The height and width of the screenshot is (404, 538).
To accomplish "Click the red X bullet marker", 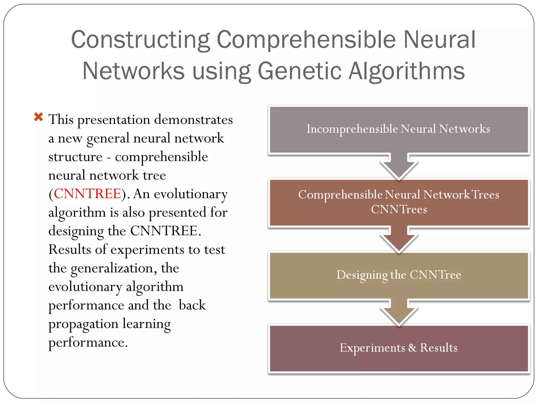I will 39,117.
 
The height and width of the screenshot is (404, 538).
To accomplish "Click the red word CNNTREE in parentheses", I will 87,194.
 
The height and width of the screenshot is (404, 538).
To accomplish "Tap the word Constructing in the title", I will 140,40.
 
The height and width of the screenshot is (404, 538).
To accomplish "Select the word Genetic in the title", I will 299,71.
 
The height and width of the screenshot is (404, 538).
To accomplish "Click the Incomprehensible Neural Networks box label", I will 398,129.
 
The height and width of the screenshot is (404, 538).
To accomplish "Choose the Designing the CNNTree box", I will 399,275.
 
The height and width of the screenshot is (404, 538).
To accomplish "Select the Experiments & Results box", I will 399,348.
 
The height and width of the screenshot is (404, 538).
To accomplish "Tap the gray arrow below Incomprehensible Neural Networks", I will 399,167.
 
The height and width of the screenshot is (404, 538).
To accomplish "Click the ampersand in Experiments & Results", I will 412,348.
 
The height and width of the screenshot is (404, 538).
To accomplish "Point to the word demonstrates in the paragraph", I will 193,120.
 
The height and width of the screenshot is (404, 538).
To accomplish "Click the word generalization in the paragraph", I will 112,268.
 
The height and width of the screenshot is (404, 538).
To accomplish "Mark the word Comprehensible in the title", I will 306,40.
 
